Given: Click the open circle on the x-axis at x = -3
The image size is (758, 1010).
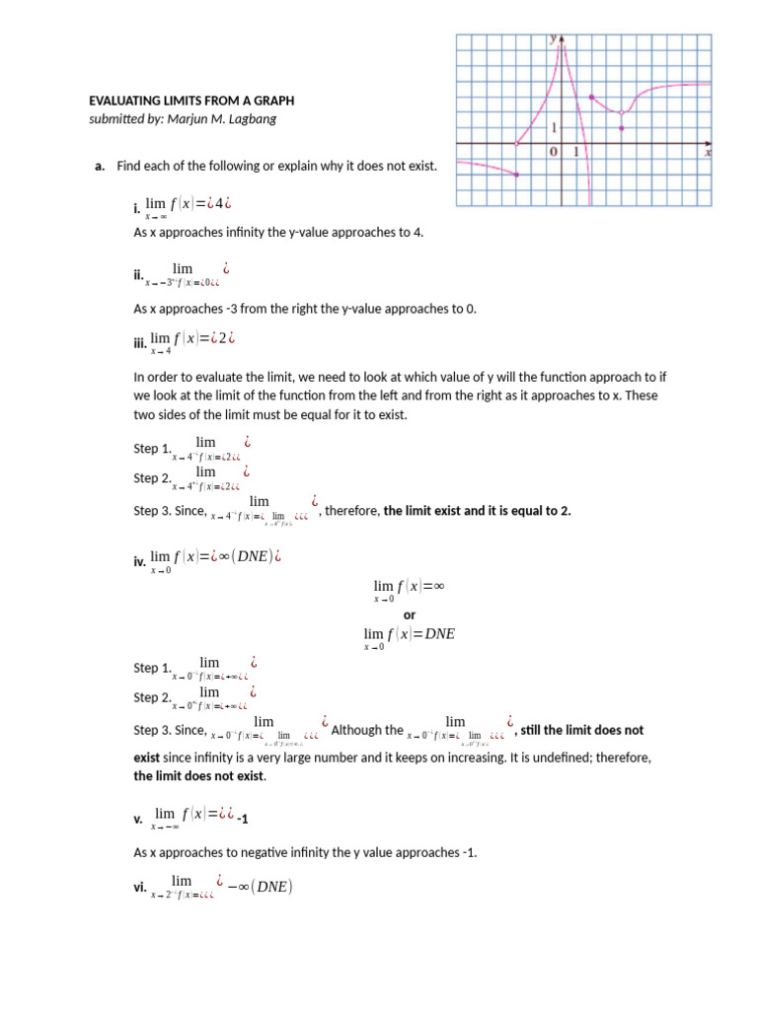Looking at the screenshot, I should tap(517, 144).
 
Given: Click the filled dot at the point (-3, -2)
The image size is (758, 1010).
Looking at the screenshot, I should tap(517, 175).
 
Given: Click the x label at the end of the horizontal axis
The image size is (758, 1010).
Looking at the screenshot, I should tap(708, 152).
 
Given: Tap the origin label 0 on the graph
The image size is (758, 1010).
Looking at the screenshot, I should tap(554, 152).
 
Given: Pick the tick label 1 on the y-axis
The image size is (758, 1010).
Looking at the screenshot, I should tap(555, 127).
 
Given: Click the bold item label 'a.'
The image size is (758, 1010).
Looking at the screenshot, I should tap(100, 166).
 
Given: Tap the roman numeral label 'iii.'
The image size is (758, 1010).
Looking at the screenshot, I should tap(139, 344).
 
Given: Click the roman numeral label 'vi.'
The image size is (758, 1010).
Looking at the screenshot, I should tap(139, 887).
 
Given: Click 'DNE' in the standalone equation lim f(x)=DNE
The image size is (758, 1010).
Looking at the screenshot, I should tap(439, 634).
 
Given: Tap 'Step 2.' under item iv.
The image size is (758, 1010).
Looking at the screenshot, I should tap(152, 697).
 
